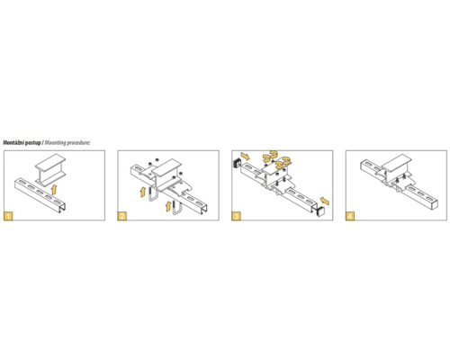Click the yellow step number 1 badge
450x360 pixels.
point(8,216)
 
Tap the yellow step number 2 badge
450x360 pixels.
point(122,216)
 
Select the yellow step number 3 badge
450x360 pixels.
point(236,216)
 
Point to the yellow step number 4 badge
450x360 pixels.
point(350,216)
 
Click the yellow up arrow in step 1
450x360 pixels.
point(54,190)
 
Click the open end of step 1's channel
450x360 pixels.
point(62,207)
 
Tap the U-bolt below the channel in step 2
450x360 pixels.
point(176,207)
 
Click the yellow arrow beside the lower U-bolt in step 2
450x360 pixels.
point(169,206)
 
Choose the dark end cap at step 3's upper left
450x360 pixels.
point(238,163)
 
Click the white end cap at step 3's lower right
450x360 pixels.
point(320,211)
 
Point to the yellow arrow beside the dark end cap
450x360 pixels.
point(245,156)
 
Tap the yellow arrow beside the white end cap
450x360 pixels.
point(325,201)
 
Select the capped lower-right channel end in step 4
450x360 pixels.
point(434,205)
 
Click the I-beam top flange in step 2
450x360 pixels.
point(166,168)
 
